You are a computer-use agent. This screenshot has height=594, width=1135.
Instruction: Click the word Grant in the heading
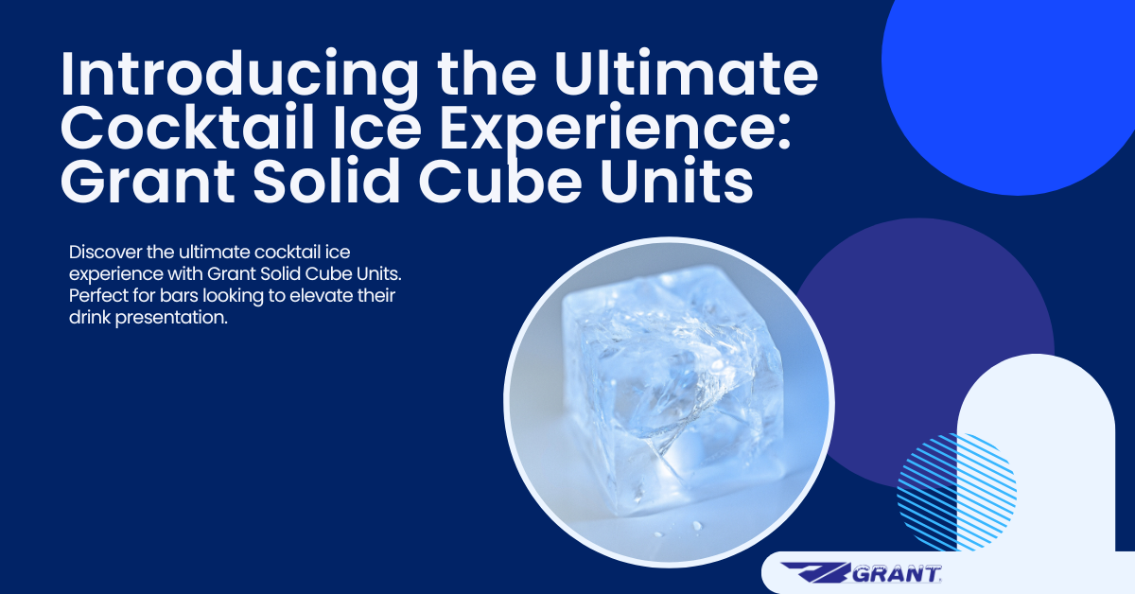[141, 184]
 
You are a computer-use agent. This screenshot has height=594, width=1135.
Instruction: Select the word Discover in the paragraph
[103, 253]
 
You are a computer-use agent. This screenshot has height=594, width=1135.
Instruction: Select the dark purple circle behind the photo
[946, 303]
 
